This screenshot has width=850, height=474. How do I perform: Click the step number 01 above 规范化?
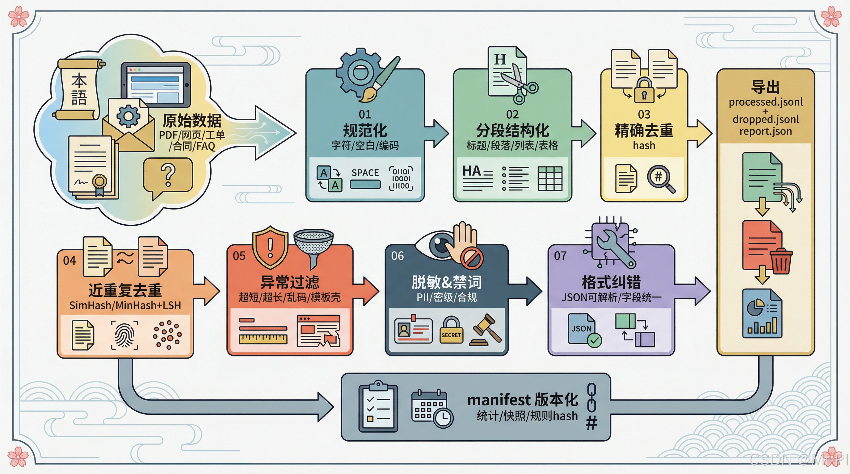(x=365, y=114)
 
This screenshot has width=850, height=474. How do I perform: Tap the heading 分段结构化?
(x=512, y=131)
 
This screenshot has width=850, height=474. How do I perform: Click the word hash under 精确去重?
(x=644, y=145)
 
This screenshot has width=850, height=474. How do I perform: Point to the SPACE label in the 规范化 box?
(x=365, y=173)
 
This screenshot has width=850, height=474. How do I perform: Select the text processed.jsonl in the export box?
(x=766, y=102)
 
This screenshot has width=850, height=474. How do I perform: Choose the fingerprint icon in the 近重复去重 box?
(x=124, y=335)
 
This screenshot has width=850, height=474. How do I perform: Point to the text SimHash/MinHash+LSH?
(x=125, y=306)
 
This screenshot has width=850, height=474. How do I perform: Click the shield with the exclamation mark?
(x=270, y=247)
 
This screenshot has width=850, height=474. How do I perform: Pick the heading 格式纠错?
(x=611, y=282)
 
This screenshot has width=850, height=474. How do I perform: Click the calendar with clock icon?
(x=432, y=409)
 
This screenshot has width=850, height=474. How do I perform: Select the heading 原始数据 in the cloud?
(x=192, y=121)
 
